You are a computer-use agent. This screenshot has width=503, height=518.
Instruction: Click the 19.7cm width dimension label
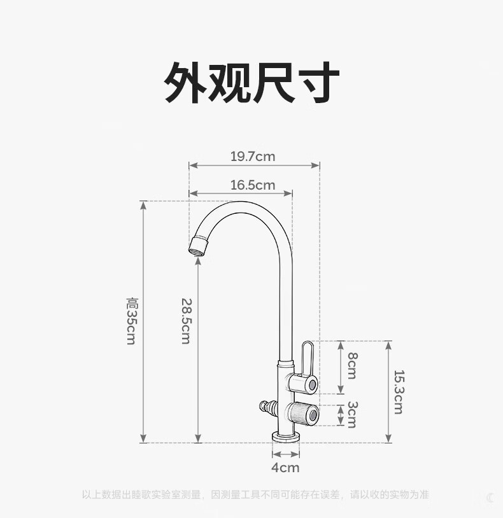[x=253, y=156]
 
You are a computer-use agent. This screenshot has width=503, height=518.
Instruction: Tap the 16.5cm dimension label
[x=253, y=185]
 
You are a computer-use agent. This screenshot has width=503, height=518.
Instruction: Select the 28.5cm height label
[x=185, y=321]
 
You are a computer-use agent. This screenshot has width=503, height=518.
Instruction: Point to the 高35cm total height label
[x=132, y=321]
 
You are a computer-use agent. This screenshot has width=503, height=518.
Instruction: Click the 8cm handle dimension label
[x=351, y=366]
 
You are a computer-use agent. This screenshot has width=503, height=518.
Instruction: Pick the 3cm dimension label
[x=351, y=414]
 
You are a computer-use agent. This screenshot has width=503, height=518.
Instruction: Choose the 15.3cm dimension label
[x=398, y=391]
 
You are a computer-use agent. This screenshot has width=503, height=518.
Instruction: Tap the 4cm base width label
[x=285, y=468]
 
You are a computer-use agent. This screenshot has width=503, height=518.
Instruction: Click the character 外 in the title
[x=187, y=83]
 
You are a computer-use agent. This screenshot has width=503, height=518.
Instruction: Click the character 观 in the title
[x=230, y=83]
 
